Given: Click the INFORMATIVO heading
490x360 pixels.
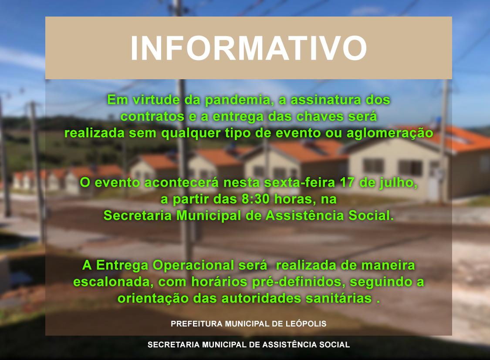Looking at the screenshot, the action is click(x=249, y=48).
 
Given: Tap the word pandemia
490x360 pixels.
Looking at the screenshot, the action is click(x=238, y=100).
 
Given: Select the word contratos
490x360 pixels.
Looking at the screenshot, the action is click(x=152, y=117).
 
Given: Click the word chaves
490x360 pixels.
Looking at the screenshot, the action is click(x=320, y=116).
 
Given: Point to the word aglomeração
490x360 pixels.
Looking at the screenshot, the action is click(x=390, y=133).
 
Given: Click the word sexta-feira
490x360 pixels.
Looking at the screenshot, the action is click(x=300, y=182).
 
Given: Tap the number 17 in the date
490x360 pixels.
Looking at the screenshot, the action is click(x=348, y=182).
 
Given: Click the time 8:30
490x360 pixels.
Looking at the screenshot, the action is click(x=255, y=199).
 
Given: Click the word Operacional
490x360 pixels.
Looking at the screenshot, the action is click(x=193, y=266).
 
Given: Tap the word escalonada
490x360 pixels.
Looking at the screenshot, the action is click(x=113, y=282).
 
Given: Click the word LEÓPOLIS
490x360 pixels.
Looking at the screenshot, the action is click(x=306, y=324).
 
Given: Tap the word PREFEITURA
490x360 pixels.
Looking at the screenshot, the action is click(x=196, y=324).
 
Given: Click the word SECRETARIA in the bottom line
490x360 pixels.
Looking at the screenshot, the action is click(x=173, y=345).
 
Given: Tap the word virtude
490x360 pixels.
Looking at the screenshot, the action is click(x=156, y=100).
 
